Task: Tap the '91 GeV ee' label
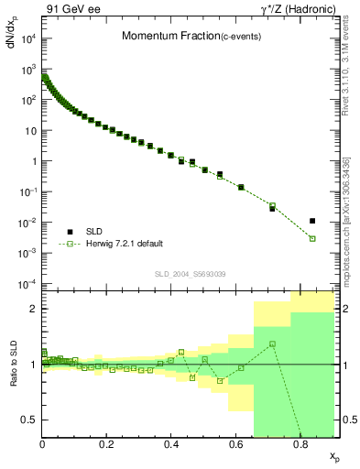point(73,10)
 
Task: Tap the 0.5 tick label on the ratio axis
point(29,420)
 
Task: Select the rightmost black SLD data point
point(312,221)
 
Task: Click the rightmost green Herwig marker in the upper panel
point(312,238)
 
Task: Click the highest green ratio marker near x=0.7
point(272,344)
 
